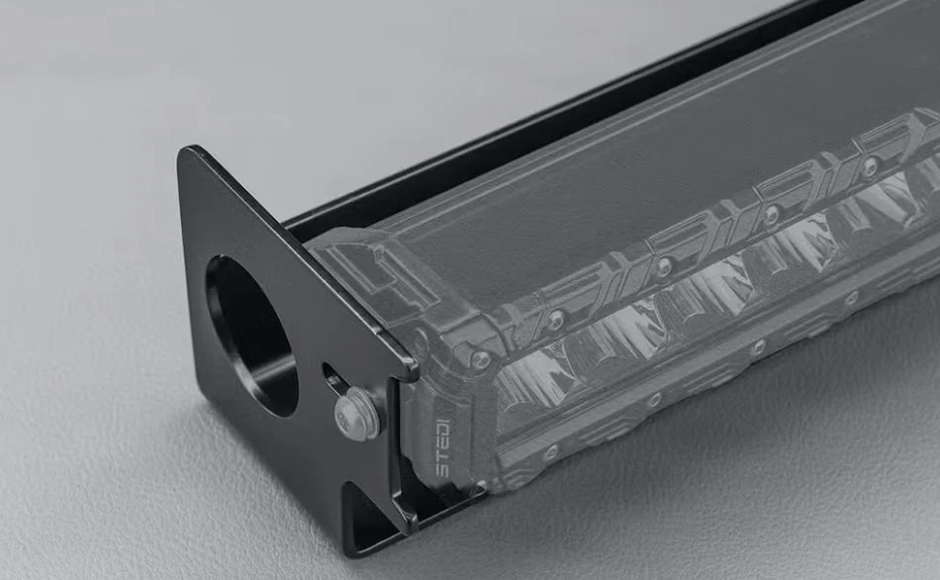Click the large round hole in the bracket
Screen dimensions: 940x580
click(251, 336)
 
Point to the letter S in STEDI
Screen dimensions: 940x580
click(443, 469)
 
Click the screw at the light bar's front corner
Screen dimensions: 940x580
click(479, 360)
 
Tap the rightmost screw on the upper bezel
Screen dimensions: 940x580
click(870, 169)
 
